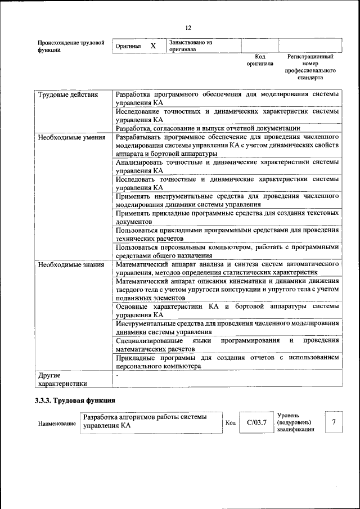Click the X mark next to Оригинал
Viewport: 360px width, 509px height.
152,46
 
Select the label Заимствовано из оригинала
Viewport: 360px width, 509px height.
190,46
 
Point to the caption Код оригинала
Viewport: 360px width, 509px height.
259,60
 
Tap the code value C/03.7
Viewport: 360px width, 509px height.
256,422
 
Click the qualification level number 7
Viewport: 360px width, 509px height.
334,422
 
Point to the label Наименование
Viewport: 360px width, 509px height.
57,423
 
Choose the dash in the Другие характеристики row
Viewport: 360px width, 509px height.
118,375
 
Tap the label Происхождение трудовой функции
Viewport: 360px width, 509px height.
71,46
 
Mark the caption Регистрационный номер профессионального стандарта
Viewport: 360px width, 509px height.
310,67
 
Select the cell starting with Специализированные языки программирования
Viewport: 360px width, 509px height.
227,344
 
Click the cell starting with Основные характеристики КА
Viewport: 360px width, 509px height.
227,310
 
